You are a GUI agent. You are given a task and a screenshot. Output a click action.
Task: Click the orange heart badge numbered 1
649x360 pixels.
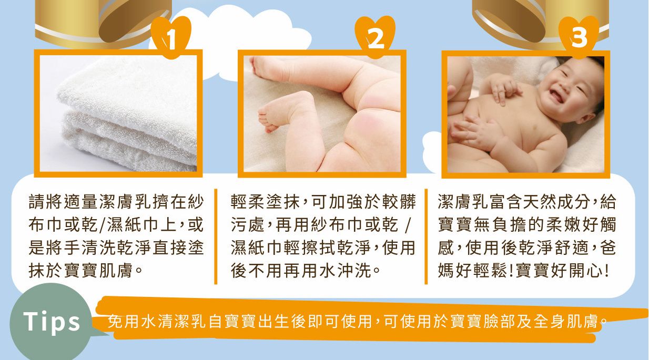tap(171, 37)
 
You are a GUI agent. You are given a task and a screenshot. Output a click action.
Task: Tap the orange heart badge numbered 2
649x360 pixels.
tap(375, 37)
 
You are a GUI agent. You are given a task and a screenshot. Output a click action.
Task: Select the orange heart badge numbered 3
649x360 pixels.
tap(579, 37)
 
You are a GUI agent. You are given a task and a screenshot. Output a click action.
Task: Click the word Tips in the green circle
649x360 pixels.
tap(52, 321)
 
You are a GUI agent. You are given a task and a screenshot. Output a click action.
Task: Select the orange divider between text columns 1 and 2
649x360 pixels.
tap(216, 236)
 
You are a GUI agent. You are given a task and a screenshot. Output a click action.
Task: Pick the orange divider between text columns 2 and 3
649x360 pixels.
tap(426, 236)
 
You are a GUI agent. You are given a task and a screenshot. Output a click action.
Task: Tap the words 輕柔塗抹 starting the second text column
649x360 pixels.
tap(265, 202)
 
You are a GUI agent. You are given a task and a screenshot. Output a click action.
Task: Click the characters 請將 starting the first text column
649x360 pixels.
tap(46, 202)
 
